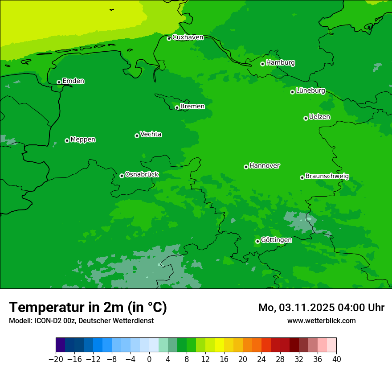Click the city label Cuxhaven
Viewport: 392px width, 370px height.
point(188,37)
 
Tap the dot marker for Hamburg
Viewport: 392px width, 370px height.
point(263,64)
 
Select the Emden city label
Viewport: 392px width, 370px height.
point(73,81)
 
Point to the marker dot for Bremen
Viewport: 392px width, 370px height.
point(177,107)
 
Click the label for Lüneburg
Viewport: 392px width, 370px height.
point(310,90)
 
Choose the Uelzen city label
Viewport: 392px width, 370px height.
point(319,117)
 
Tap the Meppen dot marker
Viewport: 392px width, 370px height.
point(67,140)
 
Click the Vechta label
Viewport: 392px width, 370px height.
point(151,134)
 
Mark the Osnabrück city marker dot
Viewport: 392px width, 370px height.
point(122,176)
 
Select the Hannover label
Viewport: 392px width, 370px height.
point(264,166)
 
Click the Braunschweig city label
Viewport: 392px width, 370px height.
point(327,177)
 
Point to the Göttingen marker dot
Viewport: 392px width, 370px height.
point(257,241)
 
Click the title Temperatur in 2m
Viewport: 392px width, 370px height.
point(88,307)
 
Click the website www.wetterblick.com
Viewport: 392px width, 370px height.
point(321,321)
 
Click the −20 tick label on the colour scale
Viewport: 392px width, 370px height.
point(56,359)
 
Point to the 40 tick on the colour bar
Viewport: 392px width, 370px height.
point(336,359)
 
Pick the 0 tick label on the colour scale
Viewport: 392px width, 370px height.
point(149,359)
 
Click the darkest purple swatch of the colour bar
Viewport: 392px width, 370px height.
point(61,345)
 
